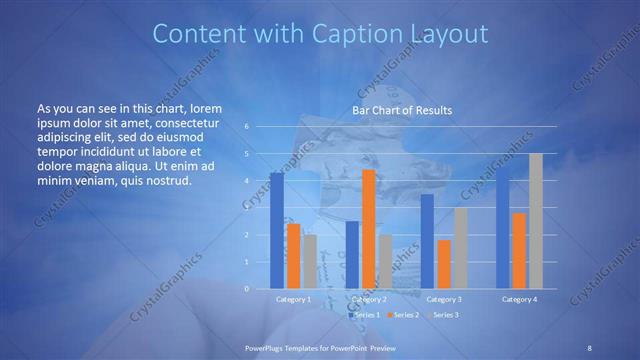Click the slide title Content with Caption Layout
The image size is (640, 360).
tap(320, 34)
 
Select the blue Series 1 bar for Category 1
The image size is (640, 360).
tap(277, 230)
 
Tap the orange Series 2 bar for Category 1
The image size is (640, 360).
tap(293, 256)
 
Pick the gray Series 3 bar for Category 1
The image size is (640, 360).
tap(310, 261)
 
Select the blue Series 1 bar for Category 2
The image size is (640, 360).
tap(352, 255)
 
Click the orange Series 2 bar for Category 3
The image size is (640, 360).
tap(443, 264)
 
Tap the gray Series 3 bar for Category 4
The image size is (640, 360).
tap(535, 221)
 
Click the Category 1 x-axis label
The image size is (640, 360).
tap(293, 299)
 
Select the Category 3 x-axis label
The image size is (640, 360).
tap(443, 299)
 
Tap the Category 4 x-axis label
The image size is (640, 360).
tap(519, 299)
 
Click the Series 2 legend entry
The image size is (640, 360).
tap(403, 315)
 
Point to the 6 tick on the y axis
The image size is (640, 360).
tap(246, 127)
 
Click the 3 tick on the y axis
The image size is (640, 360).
tap(246, 208)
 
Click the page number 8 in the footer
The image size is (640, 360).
tap(589, 347)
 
